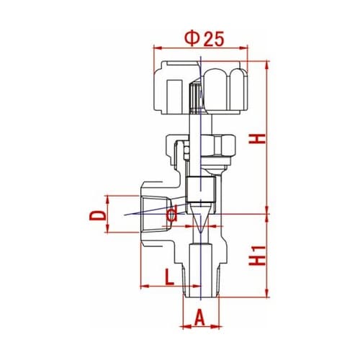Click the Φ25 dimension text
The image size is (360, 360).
pyautogui.click(x=204, y=38)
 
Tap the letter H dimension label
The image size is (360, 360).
pyautogui.click(x=257, y=139)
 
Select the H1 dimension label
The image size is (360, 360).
pyautogui.click(x=257, y=256)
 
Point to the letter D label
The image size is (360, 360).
pyautogui.click(x=98, y=215)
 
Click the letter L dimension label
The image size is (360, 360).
pyautogui.click(x=169, y=277)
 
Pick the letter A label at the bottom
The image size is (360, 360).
pyautogui.click(x=199, y=318)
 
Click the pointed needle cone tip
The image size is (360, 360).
pyautogui.click(x=200, y=233)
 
